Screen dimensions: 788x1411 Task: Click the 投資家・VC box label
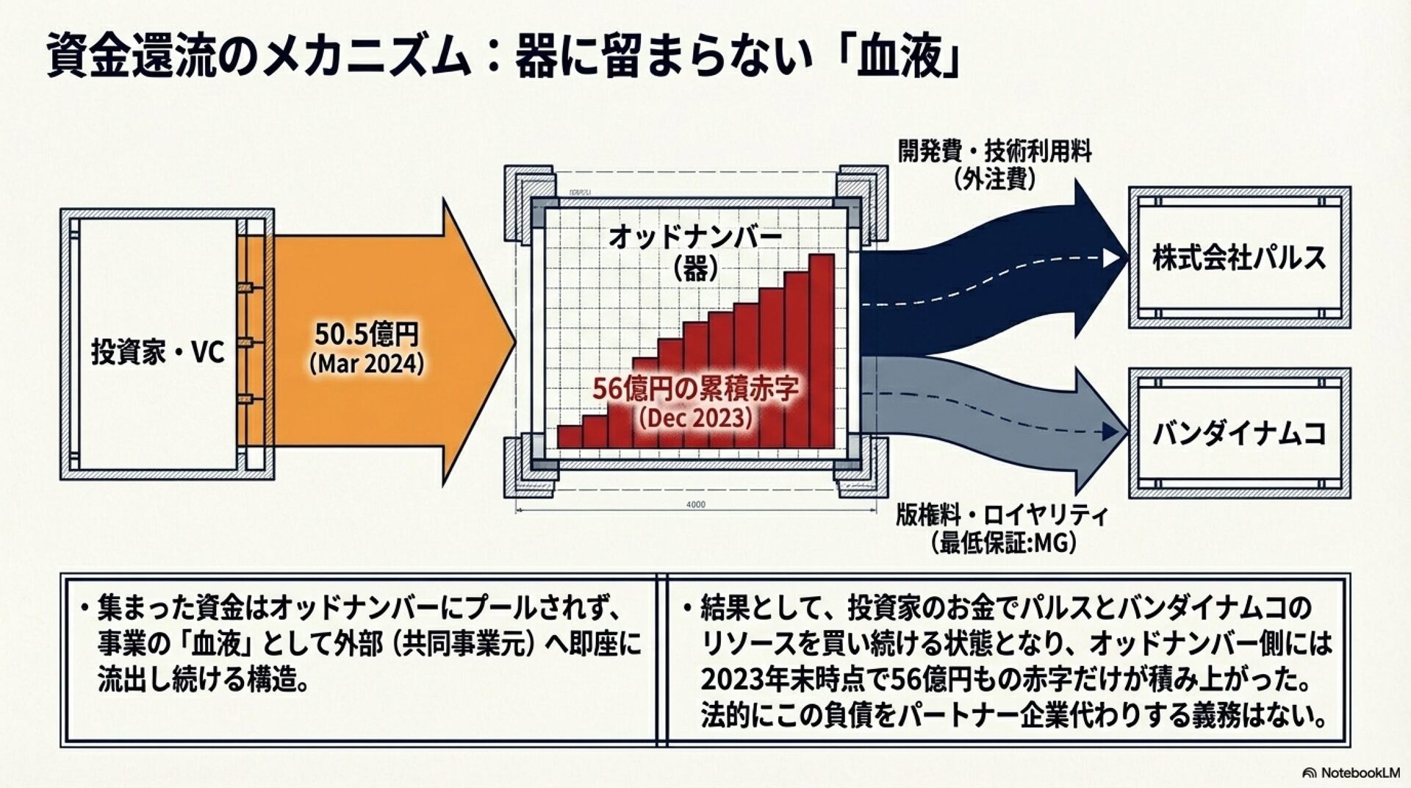tap(157, 354)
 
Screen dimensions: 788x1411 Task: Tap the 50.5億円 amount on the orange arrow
tap(367, 335)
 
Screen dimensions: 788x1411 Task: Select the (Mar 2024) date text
tap(367, 364)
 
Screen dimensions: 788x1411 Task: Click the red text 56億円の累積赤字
tap(695, 389)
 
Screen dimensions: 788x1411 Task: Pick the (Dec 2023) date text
tap(695, 418)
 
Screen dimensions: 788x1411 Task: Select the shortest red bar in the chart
tap(570, 437)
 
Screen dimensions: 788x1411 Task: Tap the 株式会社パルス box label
tap(1239, 258)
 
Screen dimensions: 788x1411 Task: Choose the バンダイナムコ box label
tap(1239, 434)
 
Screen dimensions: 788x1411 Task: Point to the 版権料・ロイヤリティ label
tap(1001, 515)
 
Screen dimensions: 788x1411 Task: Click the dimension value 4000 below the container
tap(695, 504)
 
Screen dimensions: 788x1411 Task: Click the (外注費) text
tap(995, 179)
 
